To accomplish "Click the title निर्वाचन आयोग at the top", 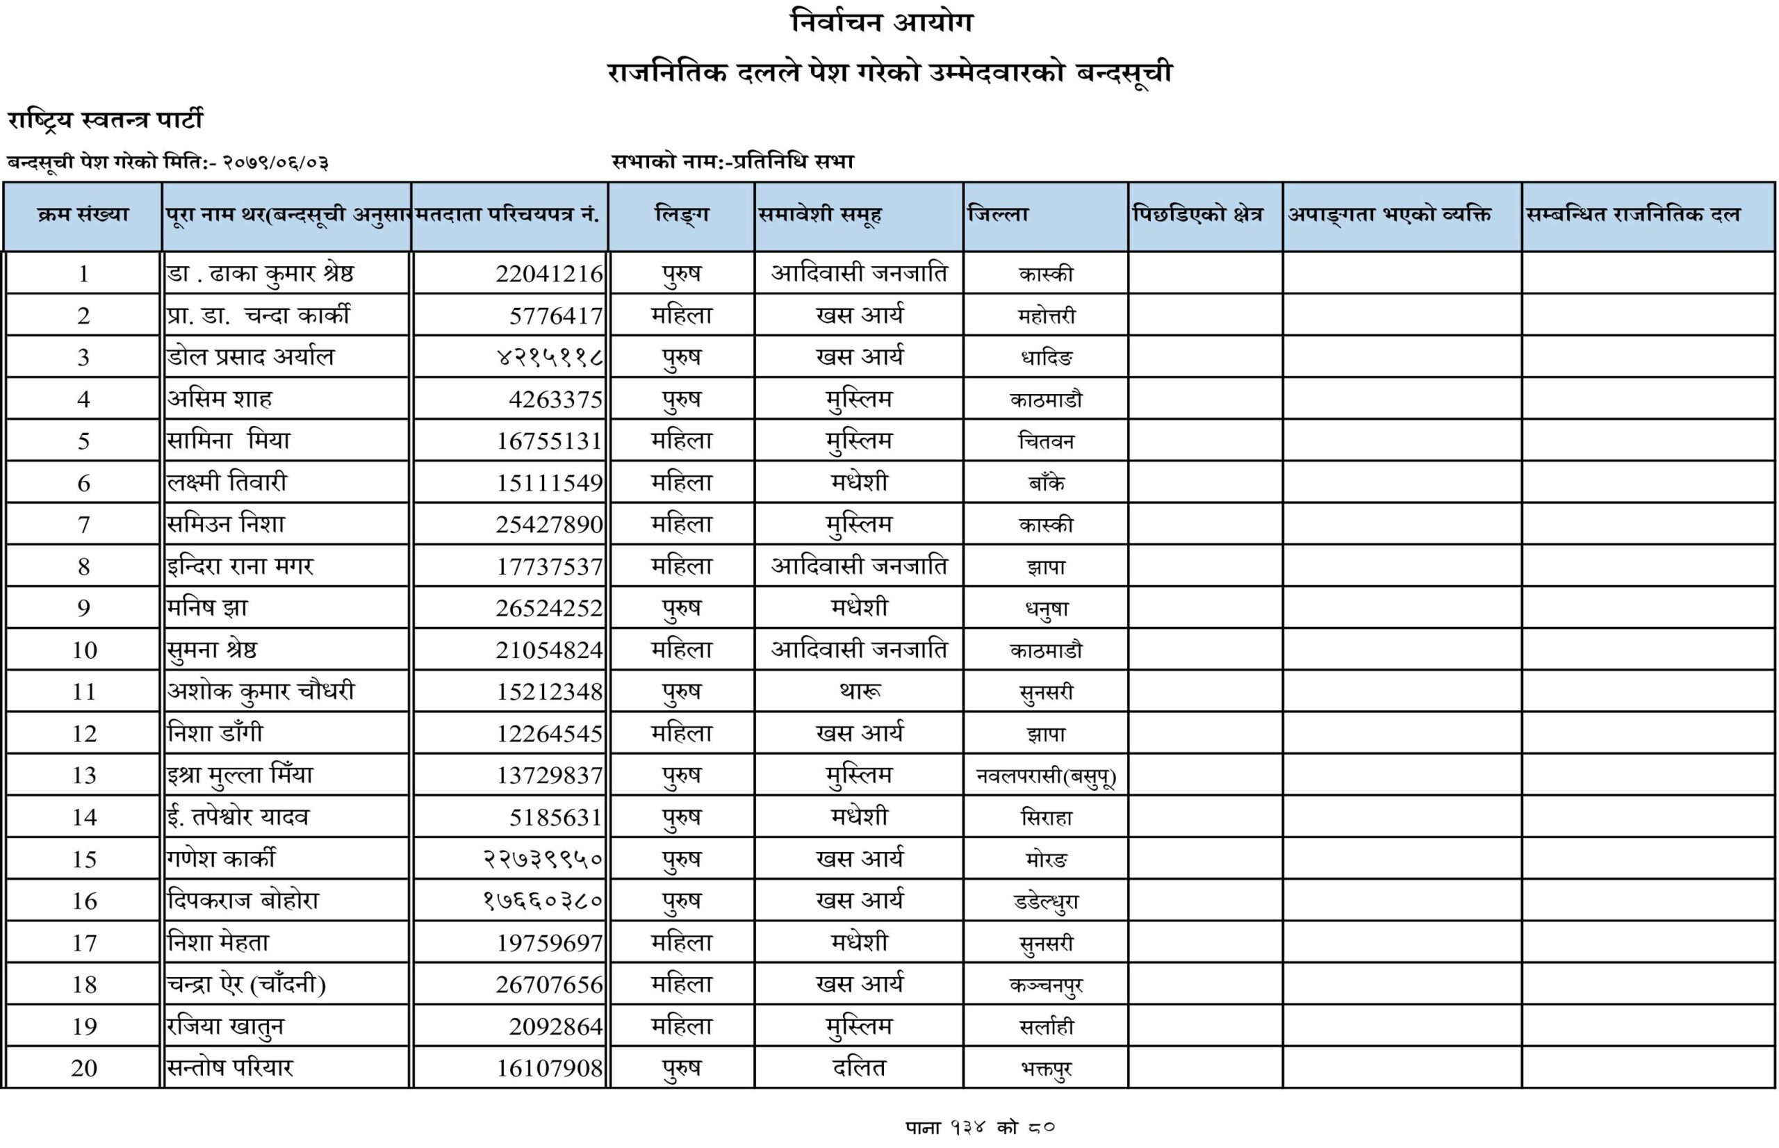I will [882, 22].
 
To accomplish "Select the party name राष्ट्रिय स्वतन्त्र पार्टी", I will [105, 120].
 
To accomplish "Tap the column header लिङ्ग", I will [681, 215].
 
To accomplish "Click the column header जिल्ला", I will [998, 215].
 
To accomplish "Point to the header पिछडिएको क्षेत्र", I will [1197, 215].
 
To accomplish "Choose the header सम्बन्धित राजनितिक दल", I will [1633, 215].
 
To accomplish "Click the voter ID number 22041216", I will [549, 274].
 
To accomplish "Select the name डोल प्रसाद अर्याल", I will [250, 357].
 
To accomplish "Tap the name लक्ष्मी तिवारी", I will [227, 482].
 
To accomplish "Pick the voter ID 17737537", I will [549, 566].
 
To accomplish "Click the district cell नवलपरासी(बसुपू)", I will [1046, 776].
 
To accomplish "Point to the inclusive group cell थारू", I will [860, 691].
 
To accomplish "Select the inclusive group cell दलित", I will [860, 1068].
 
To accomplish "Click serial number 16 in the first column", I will [84, 901].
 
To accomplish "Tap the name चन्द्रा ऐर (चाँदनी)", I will [246, 985].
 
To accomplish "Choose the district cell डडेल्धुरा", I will [1046, 902].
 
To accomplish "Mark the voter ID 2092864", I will [555, 1026].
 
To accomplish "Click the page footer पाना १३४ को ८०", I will [980, 1127].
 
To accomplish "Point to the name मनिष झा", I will [207, 608].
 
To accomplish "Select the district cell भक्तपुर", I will [1046, 1069].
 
